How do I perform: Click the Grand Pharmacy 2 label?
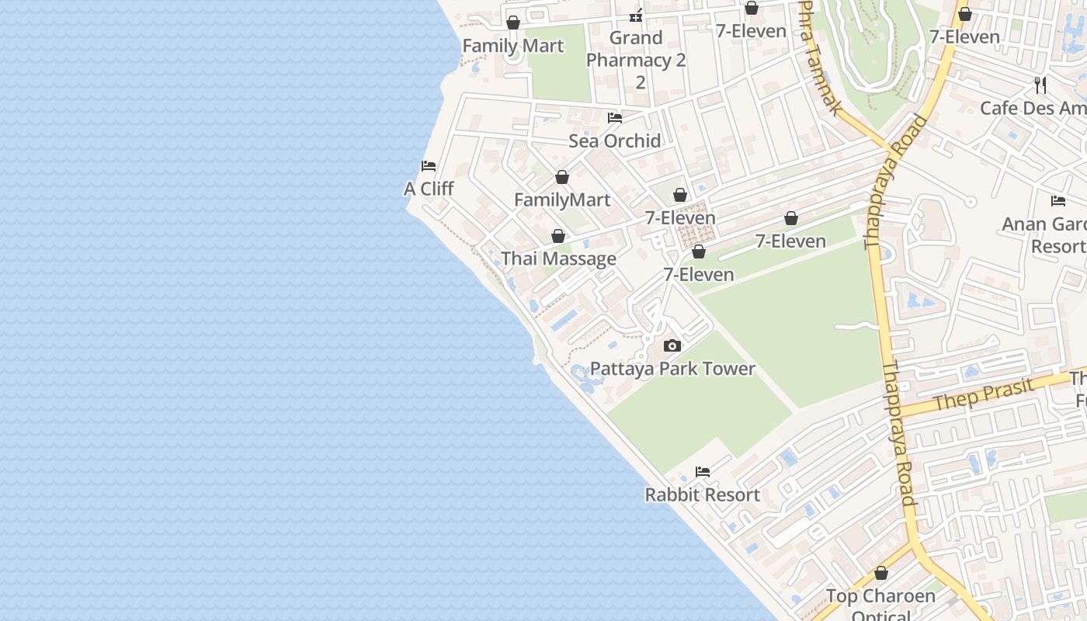(x=636, y=60)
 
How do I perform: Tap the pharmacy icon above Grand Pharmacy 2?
(x=636, y=15)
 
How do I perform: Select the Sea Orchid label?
(x=615, y=141)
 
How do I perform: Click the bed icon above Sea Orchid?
(x=615, y=118)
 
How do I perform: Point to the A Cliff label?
(x=429, y=189)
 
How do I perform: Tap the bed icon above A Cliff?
(x=429, y=166)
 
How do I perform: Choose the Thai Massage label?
(x=559, y=258)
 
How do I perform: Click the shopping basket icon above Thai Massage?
(x=558, y=236)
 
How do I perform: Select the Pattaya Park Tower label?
(x=672, y=369)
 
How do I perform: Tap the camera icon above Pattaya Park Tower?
(x=672, y=346)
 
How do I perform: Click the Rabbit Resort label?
(x=703, y=494)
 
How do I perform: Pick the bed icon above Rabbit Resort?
(x=703, y=472)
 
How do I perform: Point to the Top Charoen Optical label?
(x=880, y=605)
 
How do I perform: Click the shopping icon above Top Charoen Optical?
(x=880, y=574)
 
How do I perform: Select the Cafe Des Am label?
(x=1033, y=108)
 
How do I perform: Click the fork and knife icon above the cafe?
(x=1040, y=85)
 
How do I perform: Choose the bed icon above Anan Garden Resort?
(x=1058, y=201)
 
